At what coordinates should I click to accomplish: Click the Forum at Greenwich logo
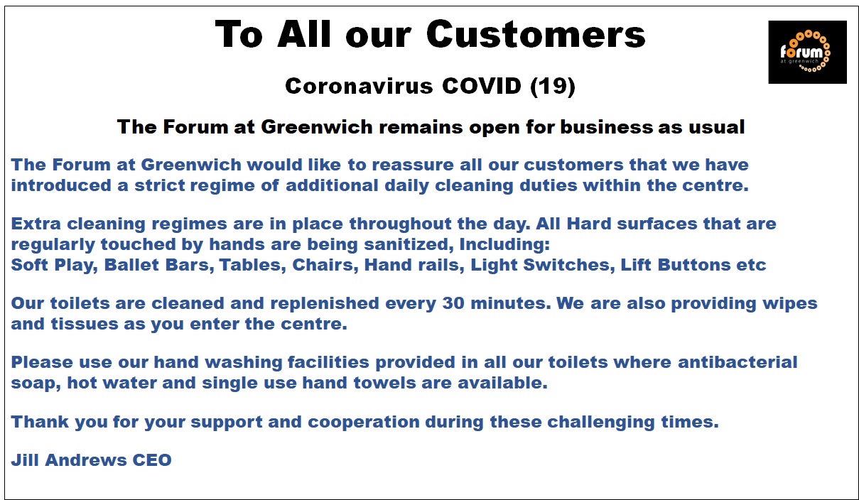pyautogui.click(x=807, y=52)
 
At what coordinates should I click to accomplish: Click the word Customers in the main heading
pyautogui.click(x=536, y=35)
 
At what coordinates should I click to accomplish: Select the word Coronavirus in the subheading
pyautogui.click(x=359, y=86)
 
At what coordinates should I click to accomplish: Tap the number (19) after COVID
pyautogui.click(x=552, y=86)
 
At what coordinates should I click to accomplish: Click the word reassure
pyautogui.click(x=413, y=165)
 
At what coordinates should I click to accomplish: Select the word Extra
pyautogui.click(x=36, y=224)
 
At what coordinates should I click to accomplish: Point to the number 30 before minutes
pyautogui.click(x=453, y=304)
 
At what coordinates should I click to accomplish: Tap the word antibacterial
pyautogui.click(x=738, y=362)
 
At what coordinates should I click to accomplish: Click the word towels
pyautogui.click(x=384, y=383)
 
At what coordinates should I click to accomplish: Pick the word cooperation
pyautogui.click(x=364, y=423)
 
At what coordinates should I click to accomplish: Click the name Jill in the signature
pyautogui.click(x=25, y=460)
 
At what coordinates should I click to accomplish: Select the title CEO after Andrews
pyautogui.click(x=152, y=460)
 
